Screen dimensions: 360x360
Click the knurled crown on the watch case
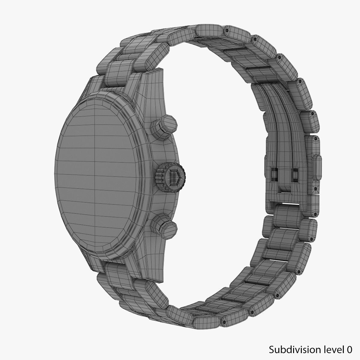(170, 177)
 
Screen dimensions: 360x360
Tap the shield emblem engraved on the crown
(174, 177)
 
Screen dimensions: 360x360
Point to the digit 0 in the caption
(349, 350)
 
